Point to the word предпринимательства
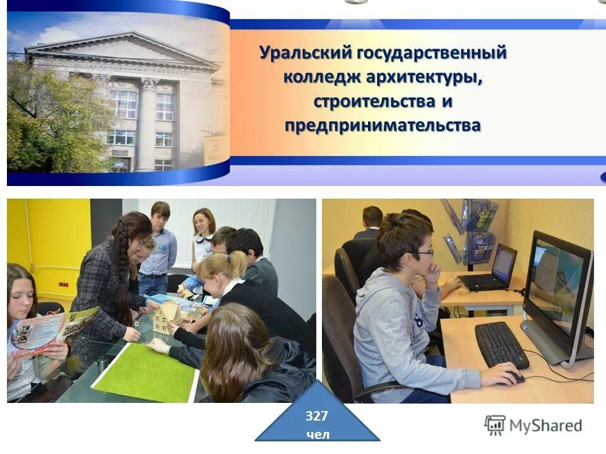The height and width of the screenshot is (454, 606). (382, 125)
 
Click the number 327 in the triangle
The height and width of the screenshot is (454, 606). (317, 416)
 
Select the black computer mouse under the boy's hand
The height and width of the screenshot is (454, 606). (514, 378)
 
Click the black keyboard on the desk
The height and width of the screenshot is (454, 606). (501, 344)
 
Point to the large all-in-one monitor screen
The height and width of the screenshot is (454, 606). (556, 284)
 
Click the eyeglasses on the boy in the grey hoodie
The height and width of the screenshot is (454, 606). (423, 253)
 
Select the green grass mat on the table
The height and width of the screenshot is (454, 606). (146, 373)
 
